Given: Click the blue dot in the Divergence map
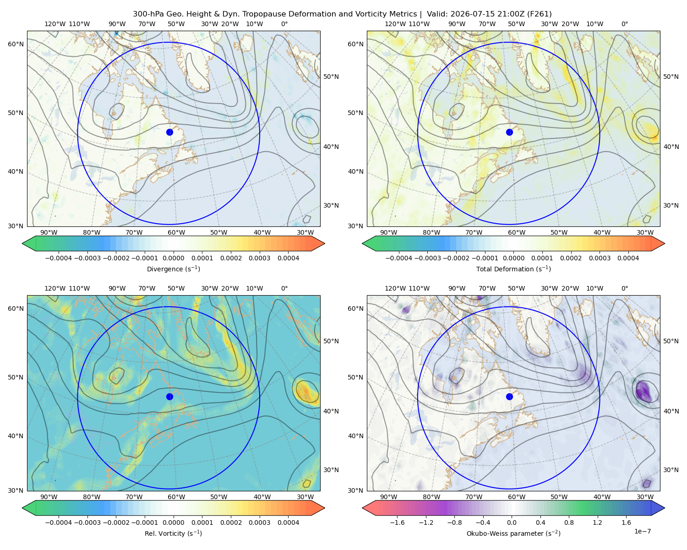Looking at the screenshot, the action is (x=169, y=132).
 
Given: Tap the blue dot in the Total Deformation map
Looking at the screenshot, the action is (x=509, y=132).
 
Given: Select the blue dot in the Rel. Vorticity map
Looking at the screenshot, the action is (x=169, y=396).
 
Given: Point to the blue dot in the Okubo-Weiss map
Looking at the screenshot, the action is (x=509, y=396).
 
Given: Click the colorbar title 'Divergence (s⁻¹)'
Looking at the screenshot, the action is (x=173, y=269).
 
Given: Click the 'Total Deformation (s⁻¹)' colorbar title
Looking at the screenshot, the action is (x=513, y=269).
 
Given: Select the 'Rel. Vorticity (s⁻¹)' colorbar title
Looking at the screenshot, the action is (x=173, y=533).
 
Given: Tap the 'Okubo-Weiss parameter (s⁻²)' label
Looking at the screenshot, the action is (x=513, y=533).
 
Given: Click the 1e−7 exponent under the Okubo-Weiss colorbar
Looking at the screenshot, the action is (x=642, y=531).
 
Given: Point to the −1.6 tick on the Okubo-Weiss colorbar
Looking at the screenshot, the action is (x=397, y=522).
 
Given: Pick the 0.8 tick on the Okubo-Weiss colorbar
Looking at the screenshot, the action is (x=569, y=522).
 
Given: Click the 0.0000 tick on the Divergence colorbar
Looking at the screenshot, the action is (x=173, y=258).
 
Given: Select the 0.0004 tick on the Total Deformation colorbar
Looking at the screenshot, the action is (x=628, y=258).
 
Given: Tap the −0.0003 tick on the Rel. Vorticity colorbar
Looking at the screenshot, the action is (x=87, y=522).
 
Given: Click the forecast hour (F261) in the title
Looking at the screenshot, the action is (x=539, y=14).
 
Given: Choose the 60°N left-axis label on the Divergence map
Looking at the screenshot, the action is (x=16, y=44).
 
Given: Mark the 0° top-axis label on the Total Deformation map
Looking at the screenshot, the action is (x=624, y=24).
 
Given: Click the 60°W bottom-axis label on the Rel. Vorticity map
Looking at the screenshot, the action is (x=176, y=497).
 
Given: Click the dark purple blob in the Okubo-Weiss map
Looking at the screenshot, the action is (x=643, y=391).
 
